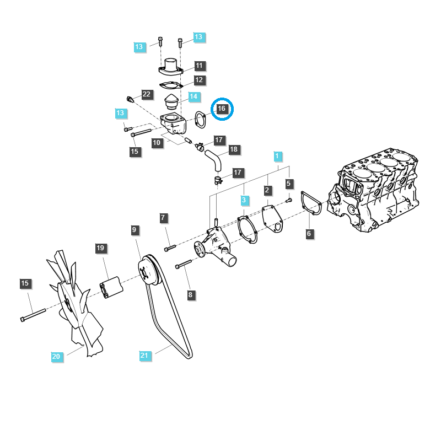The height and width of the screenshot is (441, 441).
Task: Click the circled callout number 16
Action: [x=222, y=109]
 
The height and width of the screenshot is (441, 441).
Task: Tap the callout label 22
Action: [x=146, y=94]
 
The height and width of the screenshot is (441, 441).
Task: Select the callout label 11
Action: [x=199, y=66]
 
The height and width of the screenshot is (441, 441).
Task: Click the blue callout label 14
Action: [x=193, y=96]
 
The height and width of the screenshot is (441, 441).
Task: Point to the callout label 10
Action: [x=157, y=142]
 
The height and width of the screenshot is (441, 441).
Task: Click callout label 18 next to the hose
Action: [x=233, y=149]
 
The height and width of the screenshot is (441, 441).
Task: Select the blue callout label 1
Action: [x=277, y=156]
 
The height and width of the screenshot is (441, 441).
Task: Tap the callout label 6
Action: [x=309, y=234]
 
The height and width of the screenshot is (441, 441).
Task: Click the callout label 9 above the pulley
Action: [x=134, y=229]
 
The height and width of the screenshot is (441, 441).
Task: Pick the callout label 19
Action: [x=100, y=249]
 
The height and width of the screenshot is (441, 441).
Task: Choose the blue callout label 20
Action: [x=56, y=357]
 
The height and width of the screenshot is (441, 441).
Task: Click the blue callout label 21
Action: [x=144, y=356]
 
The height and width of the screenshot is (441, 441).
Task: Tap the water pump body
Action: [x=218, y=246]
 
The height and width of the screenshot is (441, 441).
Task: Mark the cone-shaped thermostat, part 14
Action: [x=172, y=103]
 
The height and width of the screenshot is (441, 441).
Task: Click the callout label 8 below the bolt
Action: [x=190, y=295]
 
